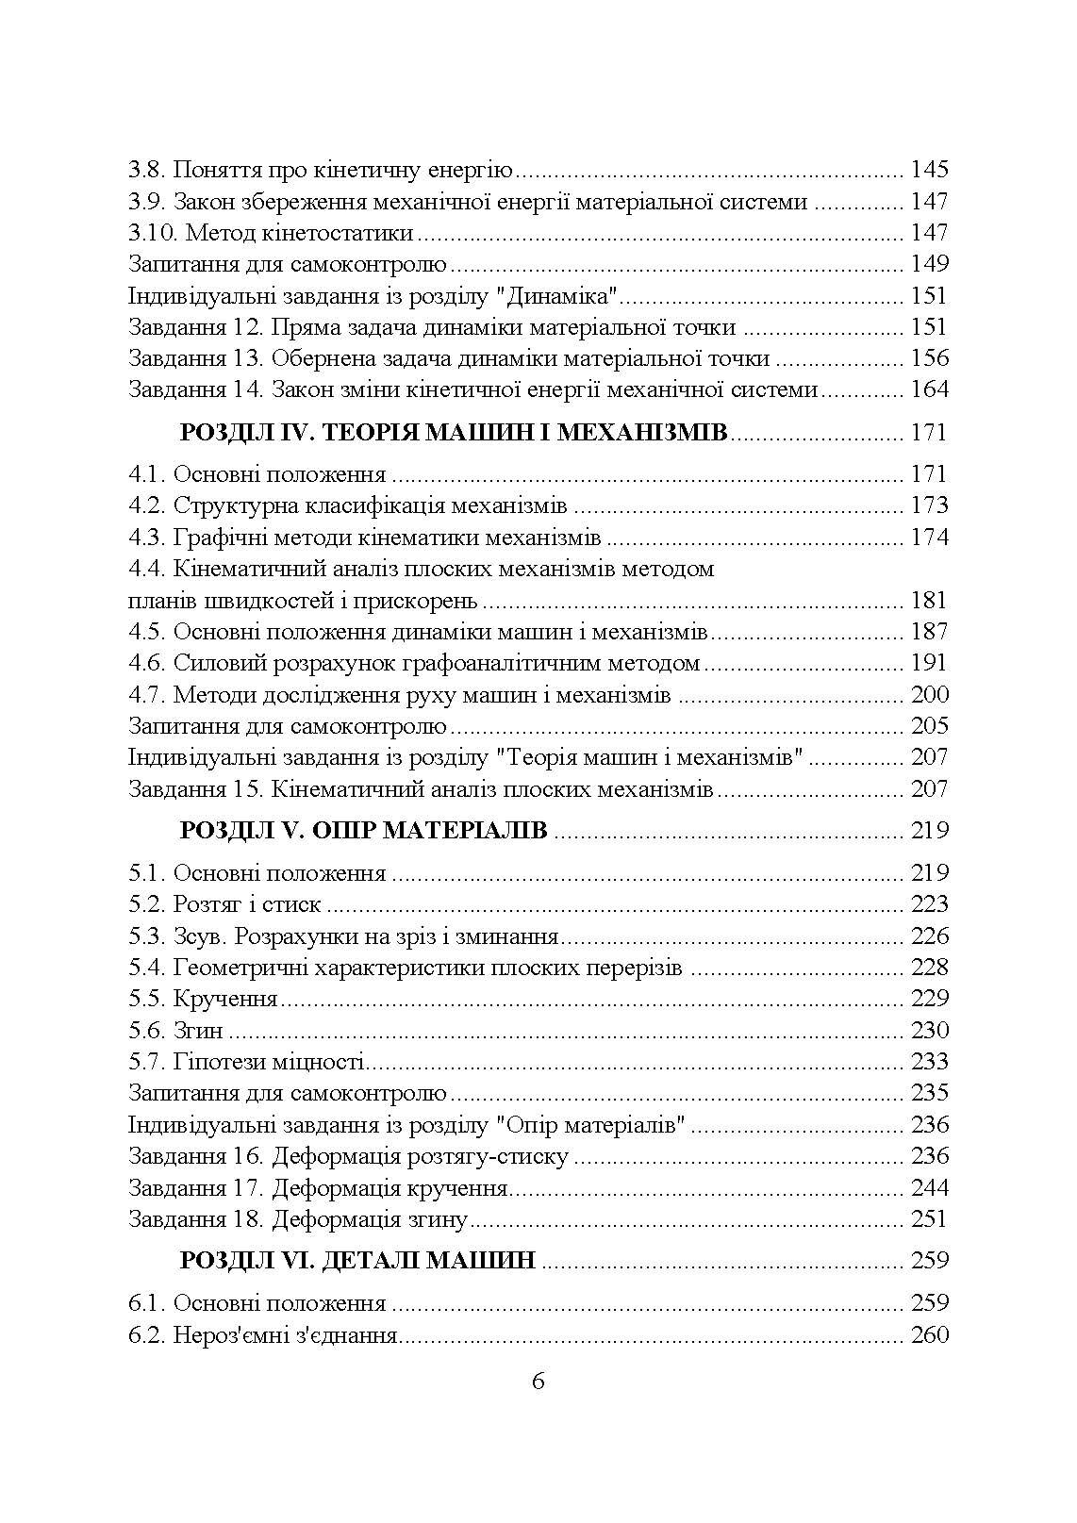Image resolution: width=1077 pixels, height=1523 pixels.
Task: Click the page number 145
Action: tap(929, 170)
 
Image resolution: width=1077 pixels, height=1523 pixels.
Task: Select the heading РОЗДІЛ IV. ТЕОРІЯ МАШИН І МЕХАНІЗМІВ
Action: tap(453, 433)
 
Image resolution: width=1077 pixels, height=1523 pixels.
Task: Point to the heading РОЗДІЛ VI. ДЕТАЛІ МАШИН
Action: tap(357, 1260)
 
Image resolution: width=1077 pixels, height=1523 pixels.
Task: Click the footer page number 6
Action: tap(538, 1382)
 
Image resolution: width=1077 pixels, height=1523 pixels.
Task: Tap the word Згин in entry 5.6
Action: tap(198, 1031)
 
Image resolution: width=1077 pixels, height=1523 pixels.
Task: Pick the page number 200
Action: tap(929, 695)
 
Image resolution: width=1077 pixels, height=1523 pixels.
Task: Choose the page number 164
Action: tap(929, 389)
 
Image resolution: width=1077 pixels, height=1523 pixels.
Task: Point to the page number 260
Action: tap(929, 1335)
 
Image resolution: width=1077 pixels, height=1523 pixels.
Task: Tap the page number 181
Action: tap(929, 601)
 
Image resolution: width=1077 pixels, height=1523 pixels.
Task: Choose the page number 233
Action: tap(929, 1062)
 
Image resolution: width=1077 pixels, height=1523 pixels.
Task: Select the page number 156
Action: tap(929, 358)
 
